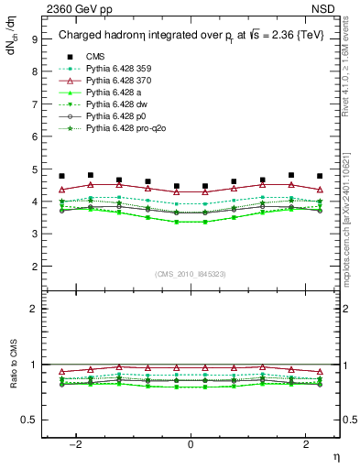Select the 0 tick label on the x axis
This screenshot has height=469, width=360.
pyautogui.click(x=191, y=443)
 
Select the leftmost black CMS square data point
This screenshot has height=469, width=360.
pyautogui.click(x=61, y=176)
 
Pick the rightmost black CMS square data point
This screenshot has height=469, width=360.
pyautogui.click(x=320, y=176)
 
